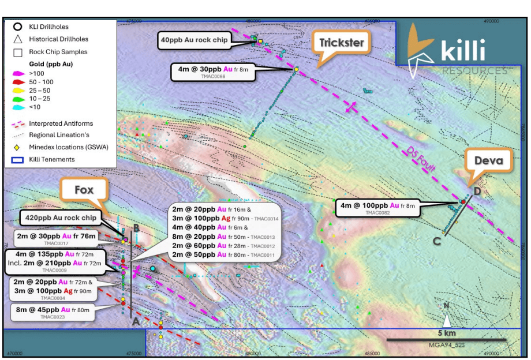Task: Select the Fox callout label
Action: pyautogui.click(x=84, y=189)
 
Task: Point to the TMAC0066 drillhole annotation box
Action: pyautogui.click(x=213, y=72)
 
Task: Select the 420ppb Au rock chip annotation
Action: pyautogui.click(x=59, y=218)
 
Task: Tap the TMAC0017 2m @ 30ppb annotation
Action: pyautogui.click(x=57, y=238)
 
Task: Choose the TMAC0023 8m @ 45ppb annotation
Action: pyautogui.click(x=53, y=312)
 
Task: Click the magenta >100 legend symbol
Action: pyautogui.click(x=18, y=74)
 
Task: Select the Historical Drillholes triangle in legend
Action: pyautogui.click(x=18, y=39)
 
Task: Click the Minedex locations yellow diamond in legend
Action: pyautogui.click(x=18, y=147)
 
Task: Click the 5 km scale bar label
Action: pyautogui.click(x=447, y=334)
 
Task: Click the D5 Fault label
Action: pyautogui.click(x=420, y=159)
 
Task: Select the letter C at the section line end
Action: pyautogui.click(x=437, y=241)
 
